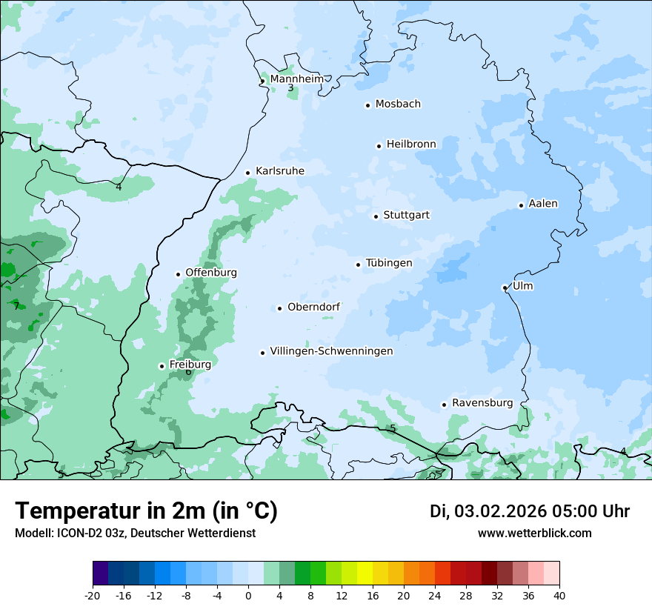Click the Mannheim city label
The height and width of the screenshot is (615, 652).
(x=296, y=79)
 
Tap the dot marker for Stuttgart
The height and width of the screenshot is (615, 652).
(x=376, y=216)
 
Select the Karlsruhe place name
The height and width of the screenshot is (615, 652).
(x=279, y=171)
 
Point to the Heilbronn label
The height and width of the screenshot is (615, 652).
(x=411, y=144)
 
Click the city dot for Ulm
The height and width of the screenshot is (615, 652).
(x=505, y=287)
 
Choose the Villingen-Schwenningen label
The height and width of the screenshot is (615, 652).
(x=331, y=351)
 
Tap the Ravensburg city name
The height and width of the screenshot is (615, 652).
(x=482, y=403)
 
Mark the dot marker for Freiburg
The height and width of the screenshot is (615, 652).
(x=162, y=366)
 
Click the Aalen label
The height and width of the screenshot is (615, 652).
(x=543, y=204)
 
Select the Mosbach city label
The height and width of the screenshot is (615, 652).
(x=398, y=104)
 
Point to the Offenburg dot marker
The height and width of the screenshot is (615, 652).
(x=178, y=274)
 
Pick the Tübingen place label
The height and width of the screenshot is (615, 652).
(x=389, y=263)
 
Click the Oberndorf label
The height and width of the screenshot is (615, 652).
(x=313, y=307)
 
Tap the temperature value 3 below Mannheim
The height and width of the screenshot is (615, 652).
(x=290, y=88)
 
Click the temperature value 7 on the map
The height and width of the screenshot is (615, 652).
(x=16, y=306)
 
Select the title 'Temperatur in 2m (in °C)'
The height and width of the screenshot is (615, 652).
(x=146, y=511)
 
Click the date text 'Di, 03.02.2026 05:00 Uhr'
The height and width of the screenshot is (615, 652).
(x=530, y=511)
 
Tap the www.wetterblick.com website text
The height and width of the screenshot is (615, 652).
(x=534, y=533)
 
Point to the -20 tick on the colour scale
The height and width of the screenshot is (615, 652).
(x=93, y=595)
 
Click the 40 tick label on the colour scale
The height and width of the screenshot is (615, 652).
(x=559, y=595)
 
